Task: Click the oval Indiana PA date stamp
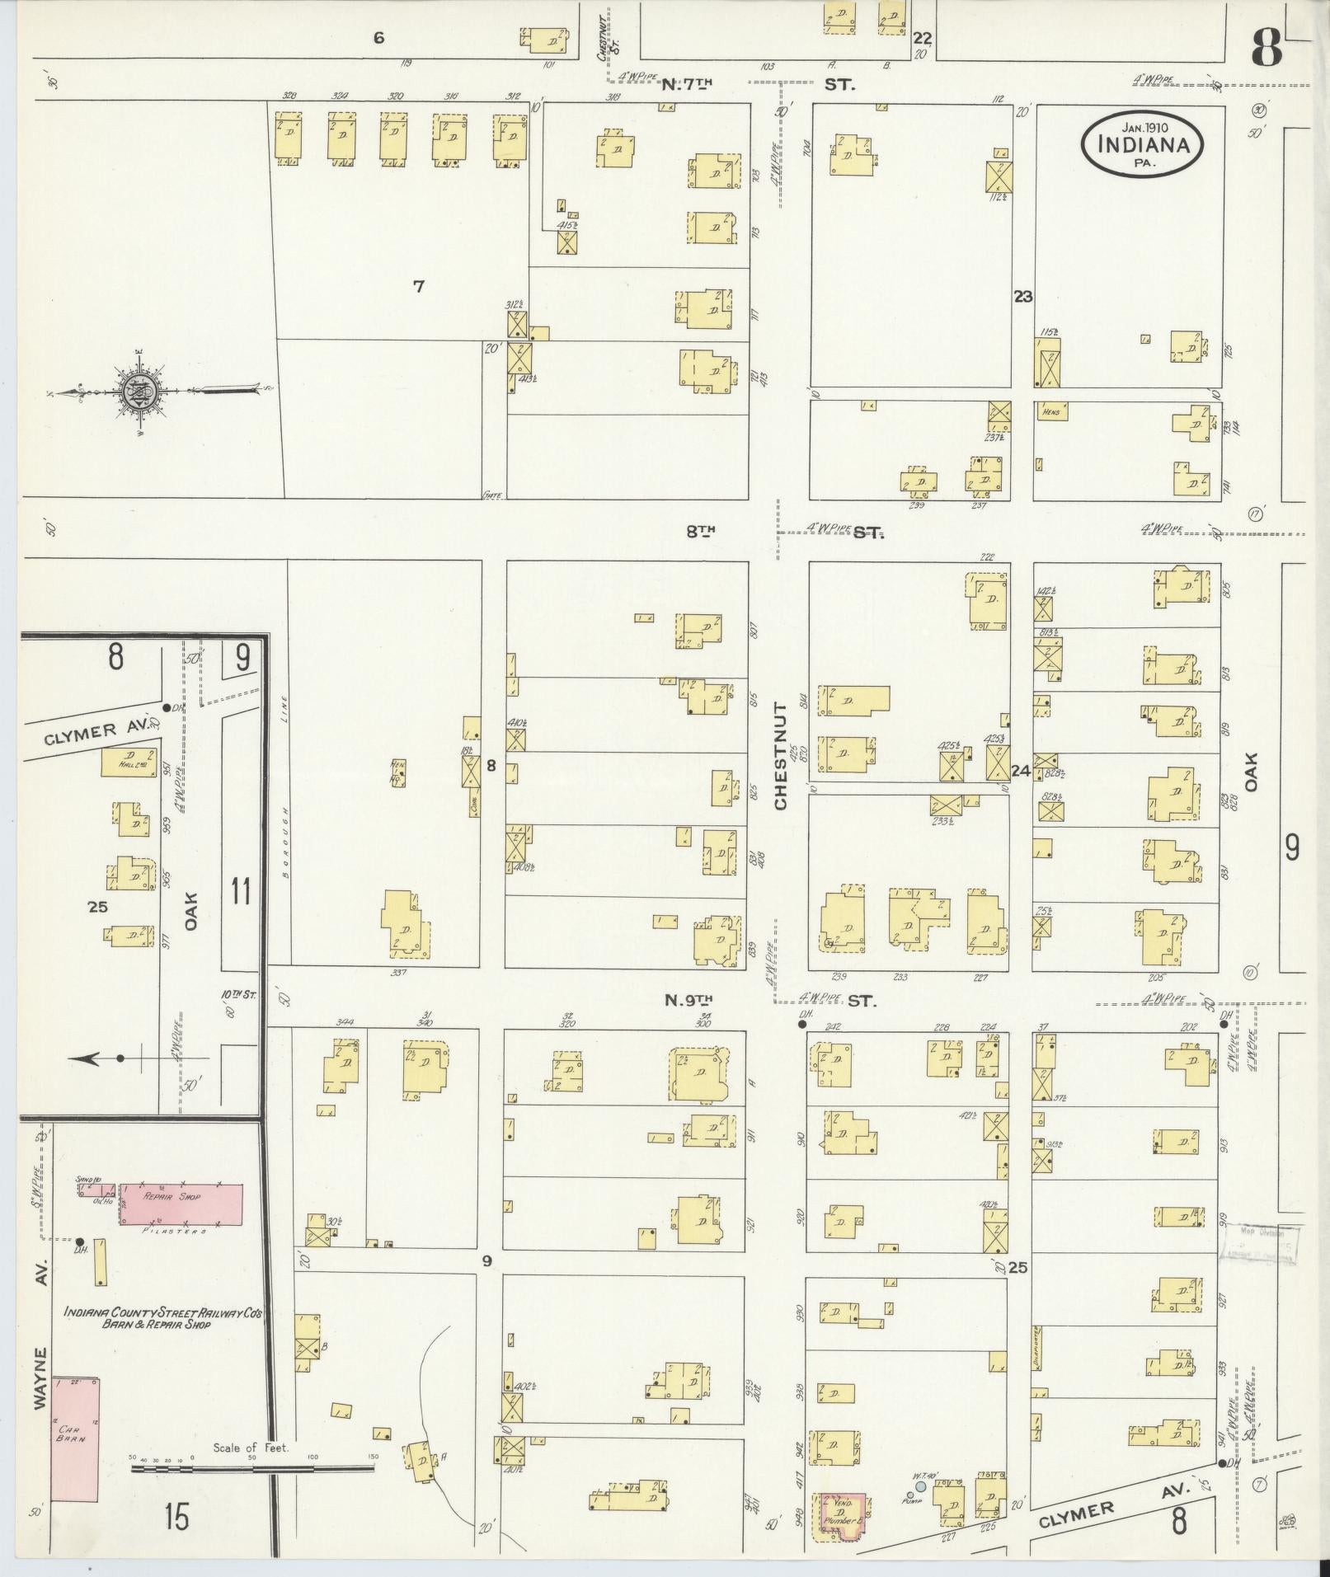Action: click(x=1142, y=143)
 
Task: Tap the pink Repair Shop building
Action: click(x=181, y=1204)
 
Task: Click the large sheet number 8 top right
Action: click(x=1267, y=49)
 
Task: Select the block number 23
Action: click(x=1023, y=297)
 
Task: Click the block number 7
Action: click(x=419, y=287)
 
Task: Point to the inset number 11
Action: click(x=241, y=892)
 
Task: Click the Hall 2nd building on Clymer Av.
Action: click(x=129, y=762)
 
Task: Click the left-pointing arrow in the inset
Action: click(x=91, y=1058)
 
